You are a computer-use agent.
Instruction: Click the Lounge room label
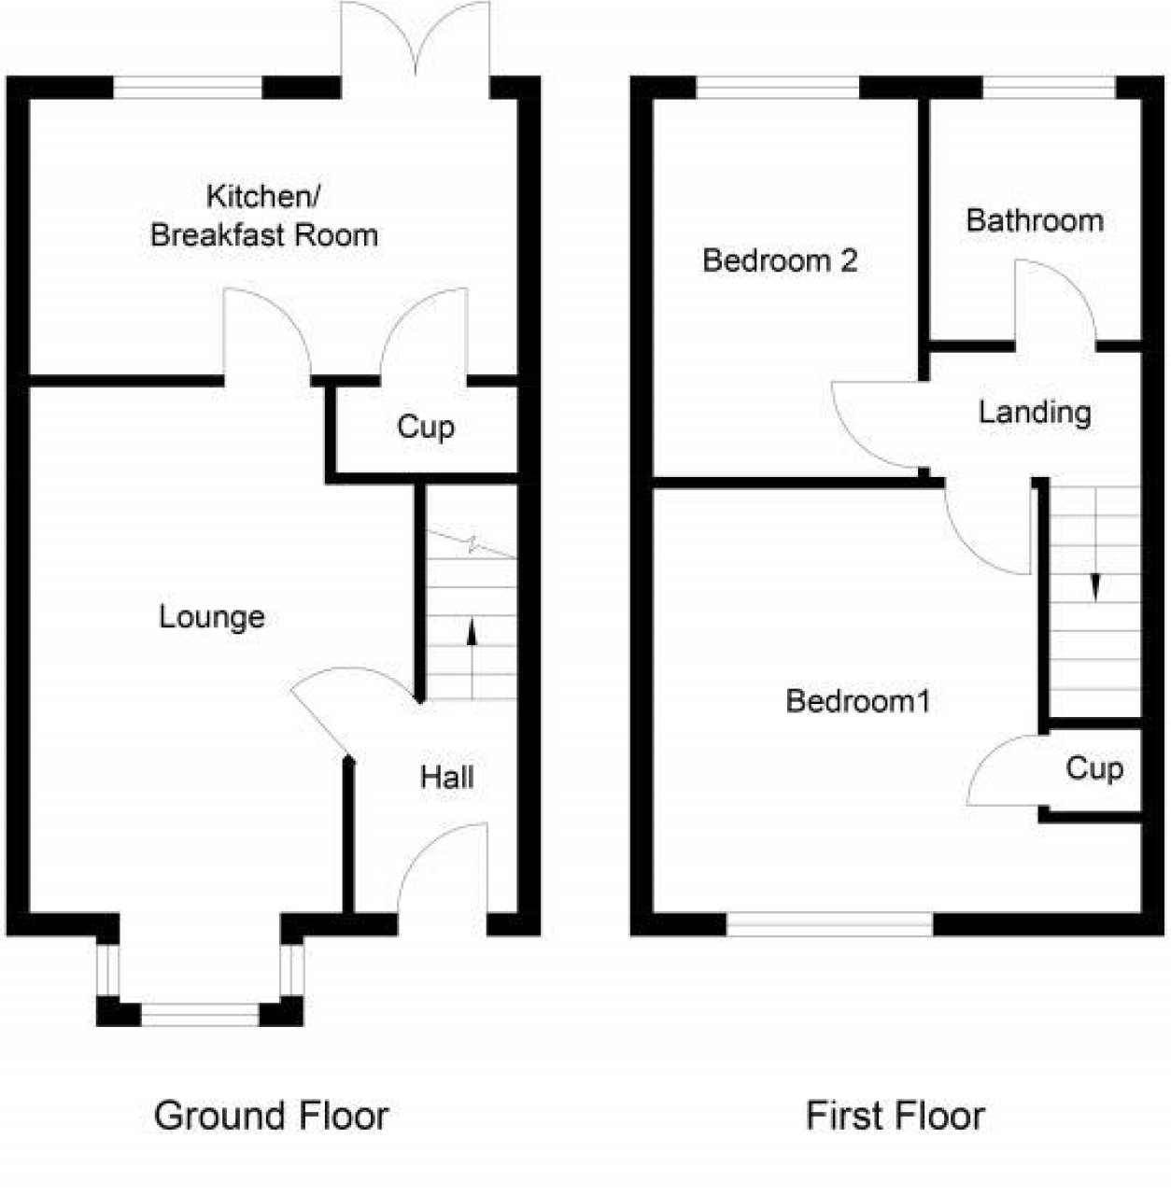[212, 617]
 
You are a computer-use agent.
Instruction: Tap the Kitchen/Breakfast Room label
[264, 217]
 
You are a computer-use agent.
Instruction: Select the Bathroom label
[1035, 221]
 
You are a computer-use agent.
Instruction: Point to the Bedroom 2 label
[780, 260]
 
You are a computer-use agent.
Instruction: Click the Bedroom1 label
[858, 701]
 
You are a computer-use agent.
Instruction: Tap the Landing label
[1035, 412]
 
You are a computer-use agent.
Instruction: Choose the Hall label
[446, 778]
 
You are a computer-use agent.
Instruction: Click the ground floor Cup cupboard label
[426, 428]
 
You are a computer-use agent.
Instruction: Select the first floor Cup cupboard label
[1093, 768]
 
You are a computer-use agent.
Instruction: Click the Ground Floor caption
[271, 1116]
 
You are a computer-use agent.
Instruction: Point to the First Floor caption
[895, 1116]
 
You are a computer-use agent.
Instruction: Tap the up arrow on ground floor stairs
[472, 644]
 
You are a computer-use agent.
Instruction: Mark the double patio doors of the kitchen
[416, 47]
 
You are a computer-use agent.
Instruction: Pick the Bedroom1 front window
[829, 923]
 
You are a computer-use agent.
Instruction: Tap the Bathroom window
[1049, 88]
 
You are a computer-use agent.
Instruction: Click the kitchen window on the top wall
[188, 88]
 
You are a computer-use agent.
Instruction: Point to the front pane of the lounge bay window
[200, 1014]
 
